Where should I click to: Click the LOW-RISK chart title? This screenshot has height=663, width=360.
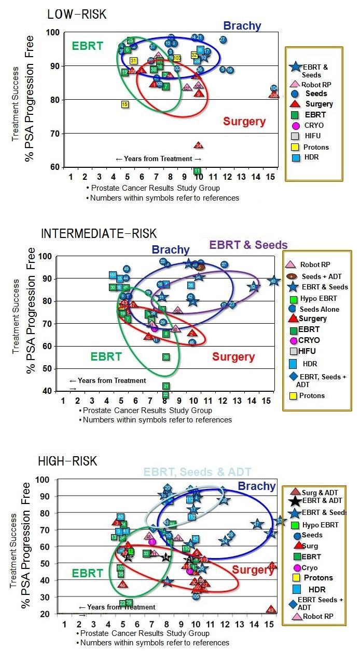77,14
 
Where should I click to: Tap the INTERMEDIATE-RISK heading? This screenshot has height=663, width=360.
99,234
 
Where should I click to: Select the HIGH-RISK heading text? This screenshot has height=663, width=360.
67,461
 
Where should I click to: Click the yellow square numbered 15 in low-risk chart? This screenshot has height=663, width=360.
125,104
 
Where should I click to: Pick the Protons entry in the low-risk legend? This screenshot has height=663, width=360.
316,147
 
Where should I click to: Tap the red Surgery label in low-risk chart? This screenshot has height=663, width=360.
244,122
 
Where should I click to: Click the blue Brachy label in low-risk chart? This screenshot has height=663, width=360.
242,25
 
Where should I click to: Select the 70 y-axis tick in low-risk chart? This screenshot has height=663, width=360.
53,134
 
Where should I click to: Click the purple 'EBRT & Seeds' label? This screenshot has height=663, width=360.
248,245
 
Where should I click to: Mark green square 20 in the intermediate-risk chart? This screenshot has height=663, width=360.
166,357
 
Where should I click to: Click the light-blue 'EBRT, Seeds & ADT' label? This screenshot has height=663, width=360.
197,472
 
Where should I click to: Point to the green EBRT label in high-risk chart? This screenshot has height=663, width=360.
88,574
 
